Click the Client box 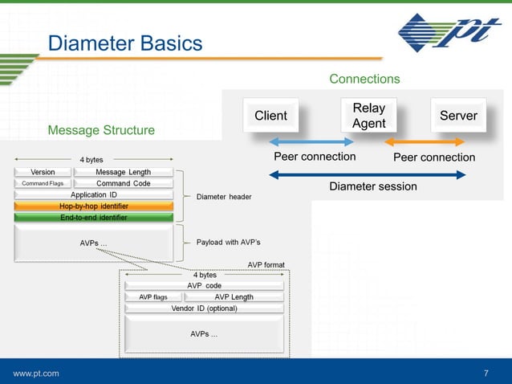270,116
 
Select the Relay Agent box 368,116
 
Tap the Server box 458,116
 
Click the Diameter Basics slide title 125,43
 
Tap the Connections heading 364,79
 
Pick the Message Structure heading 101,130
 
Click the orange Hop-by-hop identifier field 94,206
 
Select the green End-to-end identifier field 94,217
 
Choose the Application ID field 94,194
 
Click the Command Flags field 42,183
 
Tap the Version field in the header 42,172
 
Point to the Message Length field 123,172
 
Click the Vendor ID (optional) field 204,308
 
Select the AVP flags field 153,296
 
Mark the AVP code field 204,285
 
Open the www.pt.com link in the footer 35,374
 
